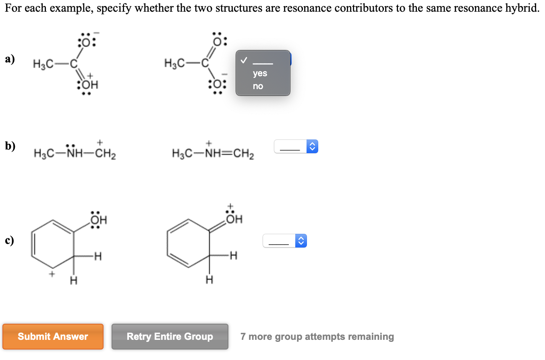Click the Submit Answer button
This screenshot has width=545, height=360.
pos(53,337)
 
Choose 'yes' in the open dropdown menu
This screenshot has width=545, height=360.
pos(260,73)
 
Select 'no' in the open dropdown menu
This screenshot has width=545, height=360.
pos(258,86)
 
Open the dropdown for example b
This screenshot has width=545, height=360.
pos(296,146)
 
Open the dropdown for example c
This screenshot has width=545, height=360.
pos(285,241)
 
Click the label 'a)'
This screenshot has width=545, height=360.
pos(10,59)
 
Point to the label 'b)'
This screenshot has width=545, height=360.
pos(10,146)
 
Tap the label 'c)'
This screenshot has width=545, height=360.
pos(10,241)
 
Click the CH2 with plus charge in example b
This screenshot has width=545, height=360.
pos(105,153)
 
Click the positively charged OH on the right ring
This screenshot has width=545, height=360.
pos(234,219)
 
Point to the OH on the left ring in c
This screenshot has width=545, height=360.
pos(99,221)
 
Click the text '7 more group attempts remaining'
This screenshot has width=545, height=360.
pos(317,337)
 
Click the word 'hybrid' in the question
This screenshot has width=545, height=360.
pos(522,9)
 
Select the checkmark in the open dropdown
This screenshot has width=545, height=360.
pos(243,60)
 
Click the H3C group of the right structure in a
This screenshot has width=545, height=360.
pos(175,63)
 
